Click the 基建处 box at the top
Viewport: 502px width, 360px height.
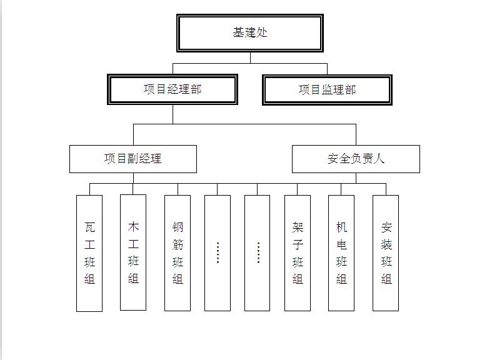tap(249, 33)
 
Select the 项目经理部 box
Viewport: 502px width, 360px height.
tap(173, 89)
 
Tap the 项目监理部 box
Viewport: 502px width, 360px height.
tap(327, 90)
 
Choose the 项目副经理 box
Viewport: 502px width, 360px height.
tap(133, 159)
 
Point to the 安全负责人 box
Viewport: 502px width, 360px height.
tap(356, 159)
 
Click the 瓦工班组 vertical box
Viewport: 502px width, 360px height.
tap(89, 253)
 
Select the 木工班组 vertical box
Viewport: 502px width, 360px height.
tap(133, 252)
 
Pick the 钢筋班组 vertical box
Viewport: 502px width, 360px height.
tap(178, 253)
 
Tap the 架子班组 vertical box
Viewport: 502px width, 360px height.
tap(298, 253)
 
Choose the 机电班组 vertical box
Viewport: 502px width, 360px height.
tap(341, 253)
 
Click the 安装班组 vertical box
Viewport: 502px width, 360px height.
tap(386, 253)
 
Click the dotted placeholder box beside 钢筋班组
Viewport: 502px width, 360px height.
tap(218, 253)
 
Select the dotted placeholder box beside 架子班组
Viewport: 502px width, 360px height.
tap(257, 253)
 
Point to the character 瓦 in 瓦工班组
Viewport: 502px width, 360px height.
tap(89, 227)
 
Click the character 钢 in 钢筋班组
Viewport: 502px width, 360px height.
tap(178, 227)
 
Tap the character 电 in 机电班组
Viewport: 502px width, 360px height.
tap(341, 245)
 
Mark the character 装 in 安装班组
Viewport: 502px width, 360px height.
tap(386, 245)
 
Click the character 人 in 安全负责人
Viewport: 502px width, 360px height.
tap(378, 158)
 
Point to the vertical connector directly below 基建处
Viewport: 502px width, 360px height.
tap(250, 58)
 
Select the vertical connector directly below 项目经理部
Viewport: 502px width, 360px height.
tap(173, 114)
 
